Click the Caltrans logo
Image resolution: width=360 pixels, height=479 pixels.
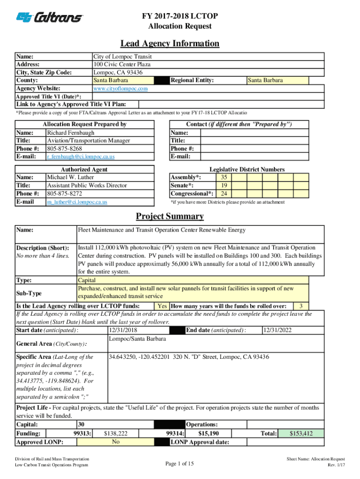pos(50,17)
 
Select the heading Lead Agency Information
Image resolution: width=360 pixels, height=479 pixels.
pos(170,44)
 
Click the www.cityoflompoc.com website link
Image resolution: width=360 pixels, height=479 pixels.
pos(121,88)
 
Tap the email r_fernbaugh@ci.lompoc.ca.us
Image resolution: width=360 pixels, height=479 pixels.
pos(80,157)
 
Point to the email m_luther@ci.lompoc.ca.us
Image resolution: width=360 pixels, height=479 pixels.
pos(77,202)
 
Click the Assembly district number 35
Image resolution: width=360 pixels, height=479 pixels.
pos(224,177)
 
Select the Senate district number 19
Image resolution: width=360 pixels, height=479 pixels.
pos(224,185)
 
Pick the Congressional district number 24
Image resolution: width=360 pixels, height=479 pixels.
pos(224,194)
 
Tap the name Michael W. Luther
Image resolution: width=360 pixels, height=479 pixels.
pos(70,177)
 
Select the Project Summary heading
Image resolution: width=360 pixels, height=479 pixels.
pos(170,216)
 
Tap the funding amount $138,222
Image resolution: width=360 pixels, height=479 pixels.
pos(115,434)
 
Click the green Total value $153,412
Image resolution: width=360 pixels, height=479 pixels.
pos(301,434)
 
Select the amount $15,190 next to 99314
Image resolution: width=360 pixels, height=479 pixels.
pos(209,434)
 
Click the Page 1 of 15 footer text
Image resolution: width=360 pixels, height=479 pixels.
pos(180,464)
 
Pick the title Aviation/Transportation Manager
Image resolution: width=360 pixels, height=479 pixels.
pos(88,140)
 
